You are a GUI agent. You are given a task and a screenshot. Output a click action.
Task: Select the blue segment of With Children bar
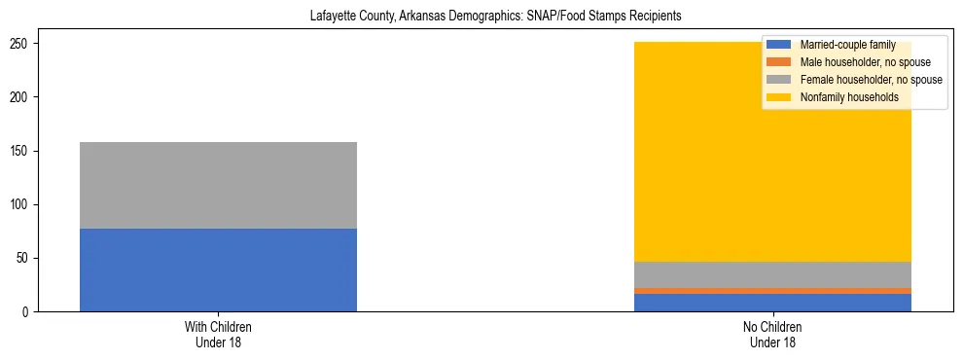pyautogui.click(x=218, y=270)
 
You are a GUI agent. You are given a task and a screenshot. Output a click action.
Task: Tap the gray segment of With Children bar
pyautogui.click(x=218, y=185)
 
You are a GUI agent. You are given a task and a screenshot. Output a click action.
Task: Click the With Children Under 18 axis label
pyautogui.click(x=218, y=335)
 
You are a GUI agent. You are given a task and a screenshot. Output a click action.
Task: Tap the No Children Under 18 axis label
pyautogui.click(x=772, y=335)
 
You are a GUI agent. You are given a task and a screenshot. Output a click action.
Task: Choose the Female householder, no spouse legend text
pyautogui.click(x=871, y=80)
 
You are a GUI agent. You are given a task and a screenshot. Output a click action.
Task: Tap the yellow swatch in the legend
pyautogui.click(x=778, y=97)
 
